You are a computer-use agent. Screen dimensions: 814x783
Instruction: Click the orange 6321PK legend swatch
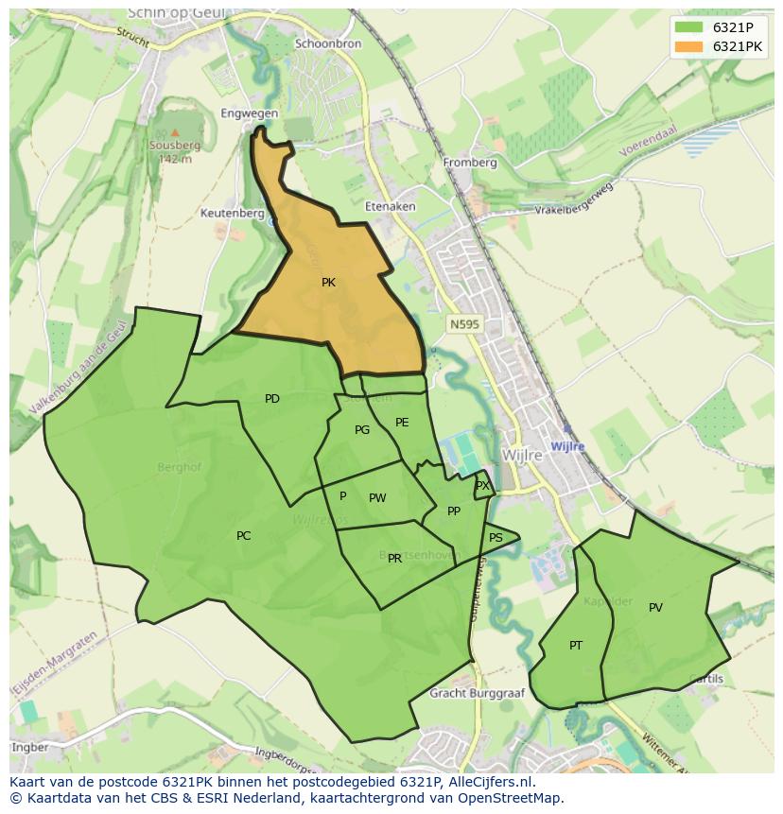[689, 46]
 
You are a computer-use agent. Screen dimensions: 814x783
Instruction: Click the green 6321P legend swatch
[689, 27]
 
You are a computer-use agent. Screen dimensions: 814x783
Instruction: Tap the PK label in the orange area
[328, 283]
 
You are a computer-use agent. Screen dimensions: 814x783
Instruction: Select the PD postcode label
[272, 399]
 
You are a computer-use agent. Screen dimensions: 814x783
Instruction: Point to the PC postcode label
[244, 536]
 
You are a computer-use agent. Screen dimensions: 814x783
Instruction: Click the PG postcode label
[362, 430]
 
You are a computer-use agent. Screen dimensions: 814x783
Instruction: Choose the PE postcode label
[402, 423]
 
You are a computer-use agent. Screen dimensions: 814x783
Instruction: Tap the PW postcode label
[377, 498]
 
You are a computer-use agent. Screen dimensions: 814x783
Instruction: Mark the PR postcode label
[394, 559]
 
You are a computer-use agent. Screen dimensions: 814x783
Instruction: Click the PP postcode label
[454, 511]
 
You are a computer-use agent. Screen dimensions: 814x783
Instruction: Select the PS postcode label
[496, 538]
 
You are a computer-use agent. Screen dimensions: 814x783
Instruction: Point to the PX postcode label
[482, 486]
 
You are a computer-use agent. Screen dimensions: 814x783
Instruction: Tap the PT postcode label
[576, 646]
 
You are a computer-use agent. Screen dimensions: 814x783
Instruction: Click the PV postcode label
[655, 608]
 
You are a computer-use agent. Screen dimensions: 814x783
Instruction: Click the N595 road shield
[464, 324]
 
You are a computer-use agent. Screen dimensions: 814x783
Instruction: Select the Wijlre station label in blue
[567, 446]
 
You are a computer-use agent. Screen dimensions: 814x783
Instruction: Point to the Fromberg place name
[470, 163]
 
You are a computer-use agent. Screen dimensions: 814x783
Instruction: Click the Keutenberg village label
[233, 214]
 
